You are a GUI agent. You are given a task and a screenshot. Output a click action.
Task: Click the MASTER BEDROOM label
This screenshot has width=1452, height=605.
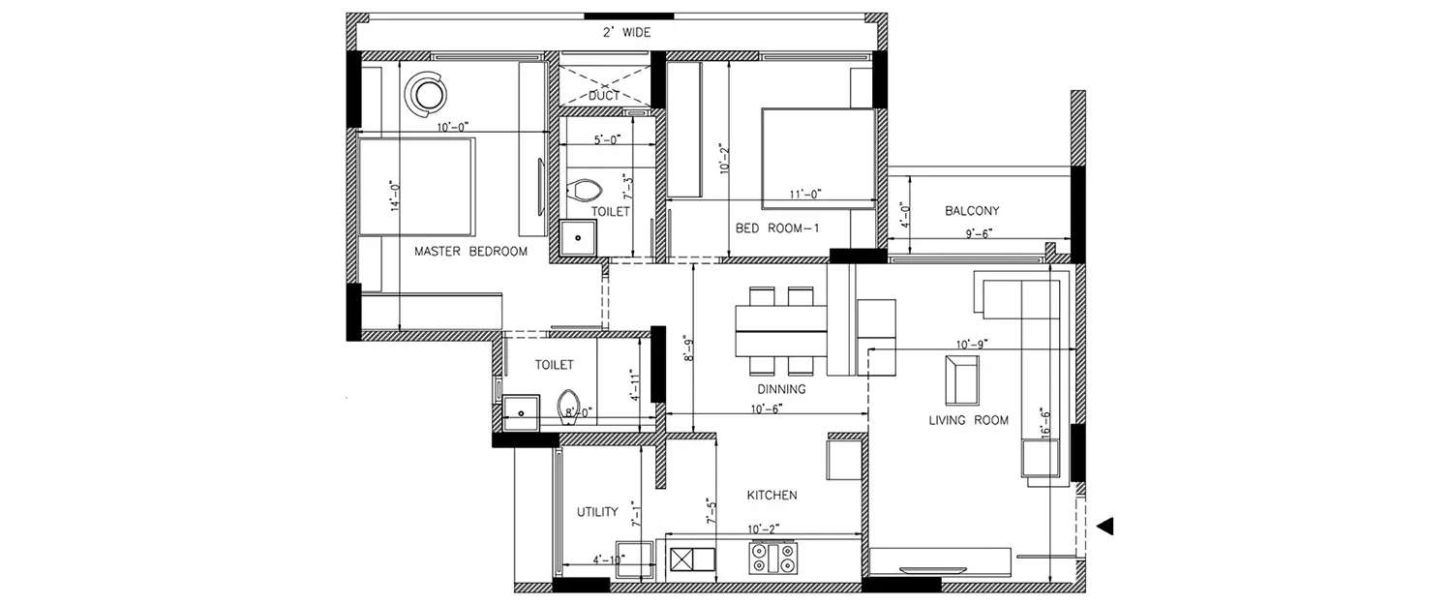[x=470, y=252]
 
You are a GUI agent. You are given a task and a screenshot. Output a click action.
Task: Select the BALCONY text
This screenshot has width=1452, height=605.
[x=972, y=211]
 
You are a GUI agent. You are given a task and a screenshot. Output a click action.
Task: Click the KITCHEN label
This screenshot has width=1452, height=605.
[x=771, y=496]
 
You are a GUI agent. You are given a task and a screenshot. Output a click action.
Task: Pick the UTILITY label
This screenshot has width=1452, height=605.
[x=597, y=512]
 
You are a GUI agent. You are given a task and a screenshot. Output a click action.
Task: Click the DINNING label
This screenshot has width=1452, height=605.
[x=782, y=389]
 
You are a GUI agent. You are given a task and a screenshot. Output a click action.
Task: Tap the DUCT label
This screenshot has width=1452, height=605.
[x=604, y=96]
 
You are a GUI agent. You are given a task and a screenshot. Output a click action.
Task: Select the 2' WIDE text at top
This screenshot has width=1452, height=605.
[x=627, y=33]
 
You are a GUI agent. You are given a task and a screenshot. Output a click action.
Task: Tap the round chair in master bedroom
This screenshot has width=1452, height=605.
[x=426, y=93]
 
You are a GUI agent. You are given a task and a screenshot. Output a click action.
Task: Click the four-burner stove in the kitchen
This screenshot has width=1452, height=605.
[x=772, y=559]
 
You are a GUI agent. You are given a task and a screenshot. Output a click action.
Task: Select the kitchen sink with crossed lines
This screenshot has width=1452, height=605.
[x=691, y=560]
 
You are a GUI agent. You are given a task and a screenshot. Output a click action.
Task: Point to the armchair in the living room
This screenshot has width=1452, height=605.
[x=961, y=378]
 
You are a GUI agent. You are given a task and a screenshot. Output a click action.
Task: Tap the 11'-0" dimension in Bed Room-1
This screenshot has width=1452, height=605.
[x=804, y=195]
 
